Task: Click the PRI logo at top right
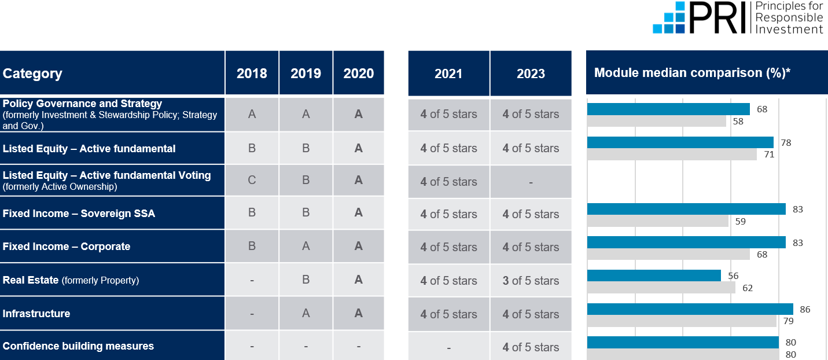click(738, 18)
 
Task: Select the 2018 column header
click(252, 74)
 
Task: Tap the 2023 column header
click(531, 74)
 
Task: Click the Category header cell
click(33, 74)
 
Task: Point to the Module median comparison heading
click(692, 73)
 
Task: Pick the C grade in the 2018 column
click(252, 180)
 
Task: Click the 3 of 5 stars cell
click(531, 281)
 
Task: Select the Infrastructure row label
click(36, 314)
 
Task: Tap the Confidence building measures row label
click(78, 346)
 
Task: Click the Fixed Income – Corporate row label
click(67, 247)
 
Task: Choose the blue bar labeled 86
click(690, 309)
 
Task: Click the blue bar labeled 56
click(654, 275)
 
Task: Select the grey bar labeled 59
click(657, 221)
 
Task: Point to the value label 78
click(785, 142)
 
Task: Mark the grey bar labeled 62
click(661, 288)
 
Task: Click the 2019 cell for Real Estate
click(306, 280)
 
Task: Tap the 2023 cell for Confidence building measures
click(531, 347)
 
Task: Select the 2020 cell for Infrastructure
click(359, 313)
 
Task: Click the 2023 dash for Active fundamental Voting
click(531, 182)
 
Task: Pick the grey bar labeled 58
click(656, 122)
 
